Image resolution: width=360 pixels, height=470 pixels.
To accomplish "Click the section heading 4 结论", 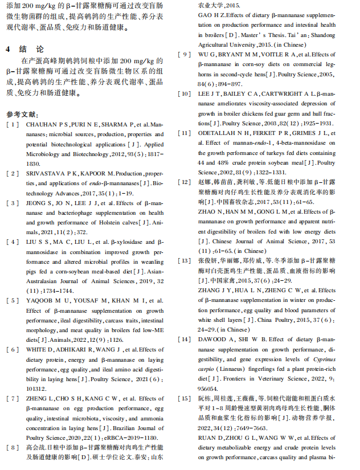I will [x=24, y=50].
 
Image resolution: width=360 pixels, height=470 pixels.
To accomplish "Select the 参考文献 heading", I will [x=23, y=114].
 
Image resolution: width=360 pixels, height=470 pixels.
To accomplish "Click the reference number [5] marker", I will [x=13, y=300].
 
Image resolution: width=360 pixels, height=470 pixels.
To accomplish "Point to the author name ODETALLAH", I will [x=219, y=133].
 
